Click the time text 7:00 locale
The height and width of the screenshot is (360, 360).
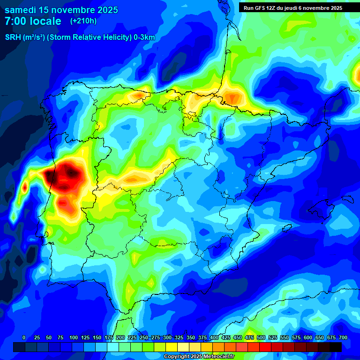(x=33, y=21)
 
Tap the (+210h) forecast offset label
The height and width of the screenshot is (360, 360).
(x=83, y=21)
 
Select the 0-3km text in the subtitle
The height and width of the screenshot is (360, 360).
(x=144, y=37)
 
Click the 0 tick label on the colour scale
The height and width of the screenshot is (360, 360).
(x=24, y=337)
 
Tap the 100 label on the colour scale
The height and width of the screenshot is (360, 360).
(x=74, y=337)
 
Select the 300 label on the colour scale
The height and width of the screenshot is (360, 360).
(x=167, y=337)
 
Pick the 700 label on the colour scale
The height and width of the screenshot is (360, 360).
(x=343, y=337)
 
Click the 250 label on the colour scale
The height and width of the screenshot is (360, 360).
(x=144, y=337)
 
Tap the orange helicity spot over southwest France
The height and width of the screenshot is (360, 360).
(x=232, y=98)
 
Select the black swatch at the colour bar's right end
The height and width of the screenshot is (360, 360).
(x=336, y=347)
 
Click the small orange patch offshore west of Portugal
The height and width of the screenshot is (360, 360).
(x=24, y=188)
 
